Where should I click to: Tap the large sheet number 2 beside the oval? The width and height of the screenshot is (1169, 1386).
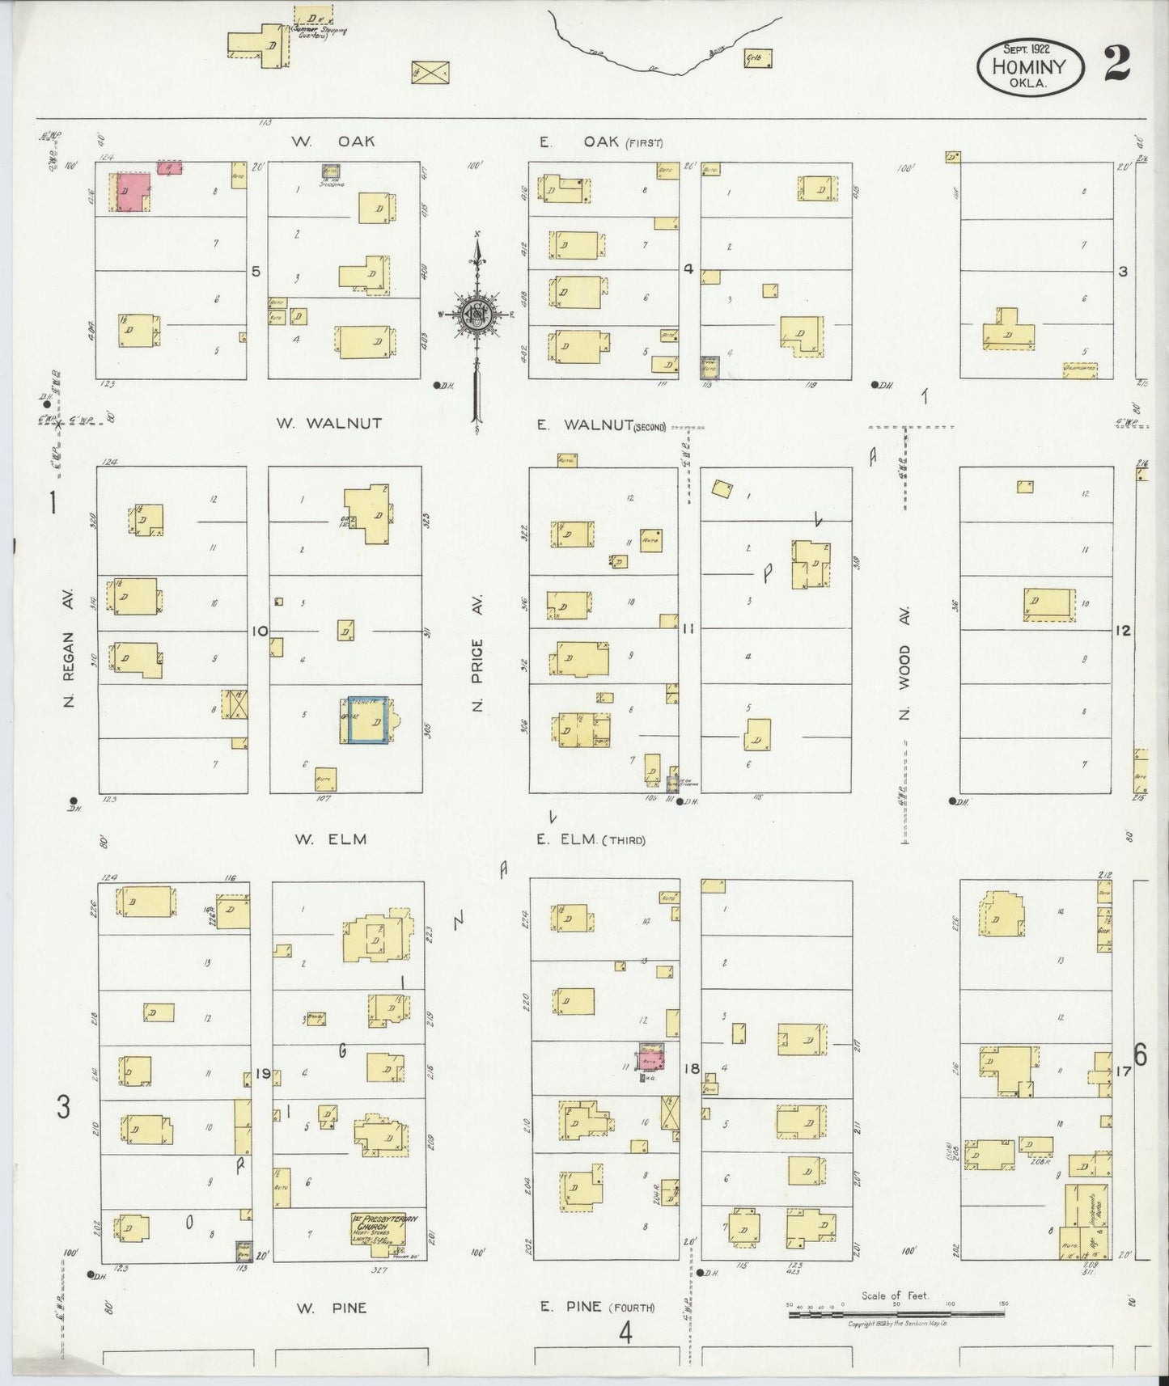coord(1116,64)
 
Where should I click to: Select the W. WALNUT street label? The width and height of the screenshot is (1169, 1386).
coord(328,423)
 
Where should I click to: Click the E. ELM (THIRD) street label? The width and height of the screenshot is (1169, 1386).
coord(591,839)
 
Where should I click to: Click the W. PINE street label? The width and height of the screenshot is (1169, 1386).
coord(331,1308)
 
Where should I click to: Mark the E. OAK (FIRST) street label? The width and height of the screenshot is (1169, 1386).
coord(600,142)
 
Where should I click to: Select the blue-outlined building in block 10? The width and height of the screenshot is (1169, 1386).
coord(368,720)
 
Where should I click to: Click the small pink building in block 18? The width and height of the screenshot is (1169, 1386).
coord(650,1056)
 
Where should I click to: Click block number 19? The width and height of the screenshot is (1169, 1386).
coord(262,1074)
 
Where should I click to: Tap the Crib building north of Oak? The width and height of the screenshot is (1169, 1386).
coord(758,57)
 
